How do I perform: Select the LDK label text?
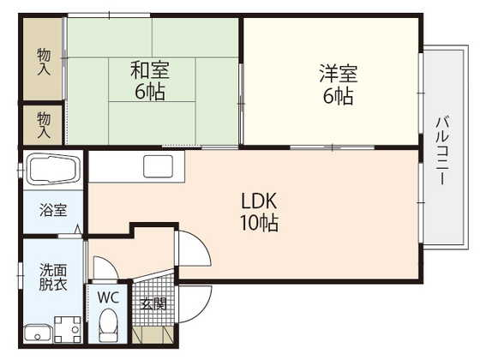pyautogui.click(x=258, y=202)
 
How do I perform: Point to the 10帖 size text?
pyautogui.click(x=258, y=225)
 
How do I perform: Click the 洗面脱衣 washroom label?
pyautogui.click(x=51, y=278)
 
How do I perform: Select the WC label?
pyautogui.click(x=107, y=297)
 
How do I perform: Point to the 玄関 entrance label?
pyautogui.click(x=153, y=303)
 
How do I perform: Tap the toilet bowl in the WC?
pyautogui.click(x=108, y=326)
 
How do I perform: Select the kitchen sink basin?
pyautogui.click(x=159, y=166)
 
